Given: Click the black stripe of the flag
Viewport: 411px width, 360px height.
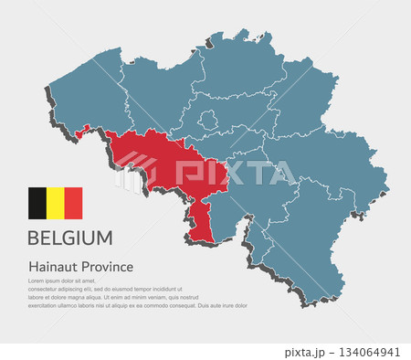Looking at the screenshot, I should tap(37, 203).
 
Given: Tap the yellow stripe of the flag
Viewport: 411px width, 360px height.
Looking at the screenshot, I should tap(55, 203).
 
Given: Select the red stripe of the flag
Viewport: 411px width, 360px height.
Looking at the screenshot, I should tap(73, 203).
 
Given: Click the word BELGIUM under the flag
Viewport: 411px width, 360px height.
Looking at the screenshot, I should tap(70, 238).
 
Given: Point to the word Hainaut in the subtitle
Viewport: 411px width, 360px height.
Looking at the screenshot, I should tap(53, 267).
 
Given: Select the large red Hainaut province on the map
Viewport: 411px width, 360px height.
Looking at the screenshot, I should tap(174, 169).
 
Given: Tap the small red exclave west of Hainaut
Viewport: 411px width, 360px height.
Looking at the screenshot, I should tap(83, 132).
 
